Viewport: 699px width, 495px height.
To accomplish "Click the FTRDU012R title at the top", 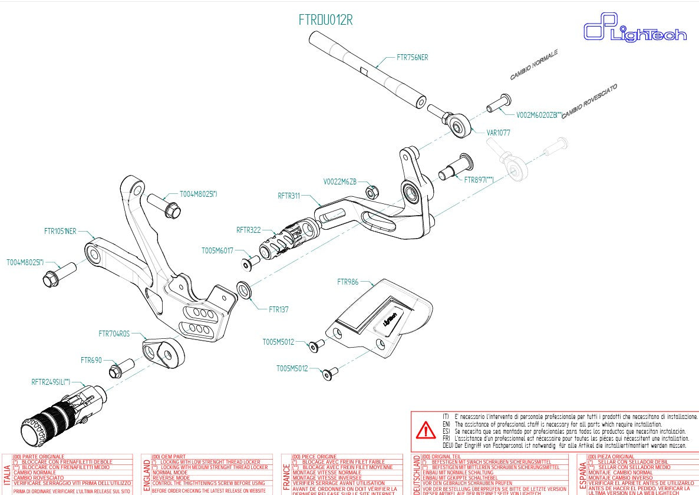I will pyautogui.click(x=325, y=19).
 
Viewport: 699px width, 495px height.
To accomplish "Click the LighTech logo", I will pyautogui.click(x=635, y=31).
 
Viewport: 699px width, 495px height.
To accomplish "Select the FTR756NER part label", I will pyautogui.click(x=413, y=58).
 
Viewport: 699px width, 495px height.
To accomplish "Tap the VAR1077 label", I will pyautogui.click(x=498, y=133).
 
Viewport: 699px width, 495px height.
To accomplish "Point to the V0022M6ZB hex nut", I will pyautogui.click(x=372, y=192).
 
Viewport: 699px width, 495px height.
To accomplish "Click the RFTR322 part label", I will pyautogui.click(x=248, y=230).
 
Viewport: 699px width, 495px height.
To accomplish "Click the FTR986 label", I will pyautogui.click(x=348, y=282).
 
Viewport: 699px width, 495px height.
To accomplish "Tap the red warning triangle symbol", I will pyautogui.click(x=425, y=431).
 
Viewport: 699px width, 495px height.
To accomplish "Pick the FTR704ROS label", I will pyautogui.click(x=114, y=334).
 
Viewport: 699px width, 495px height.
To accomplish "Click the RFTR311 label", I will pyautogui.click(x=289, y=194).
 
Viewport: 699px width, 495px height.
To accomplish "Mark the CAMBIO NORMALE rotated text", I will pyautogui.click(x=533, y=64).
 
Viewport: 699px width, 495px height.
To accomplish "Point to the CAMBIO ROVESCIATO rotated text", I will pyautogui.click(x=589, y=101).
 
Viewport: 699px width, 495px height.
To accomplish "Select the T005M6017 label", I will pyautogui.click(x=217, y=250).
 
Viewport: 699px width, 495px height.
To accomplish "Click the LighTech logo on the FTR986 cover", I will pyautogui.click(x=389, y=319).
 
